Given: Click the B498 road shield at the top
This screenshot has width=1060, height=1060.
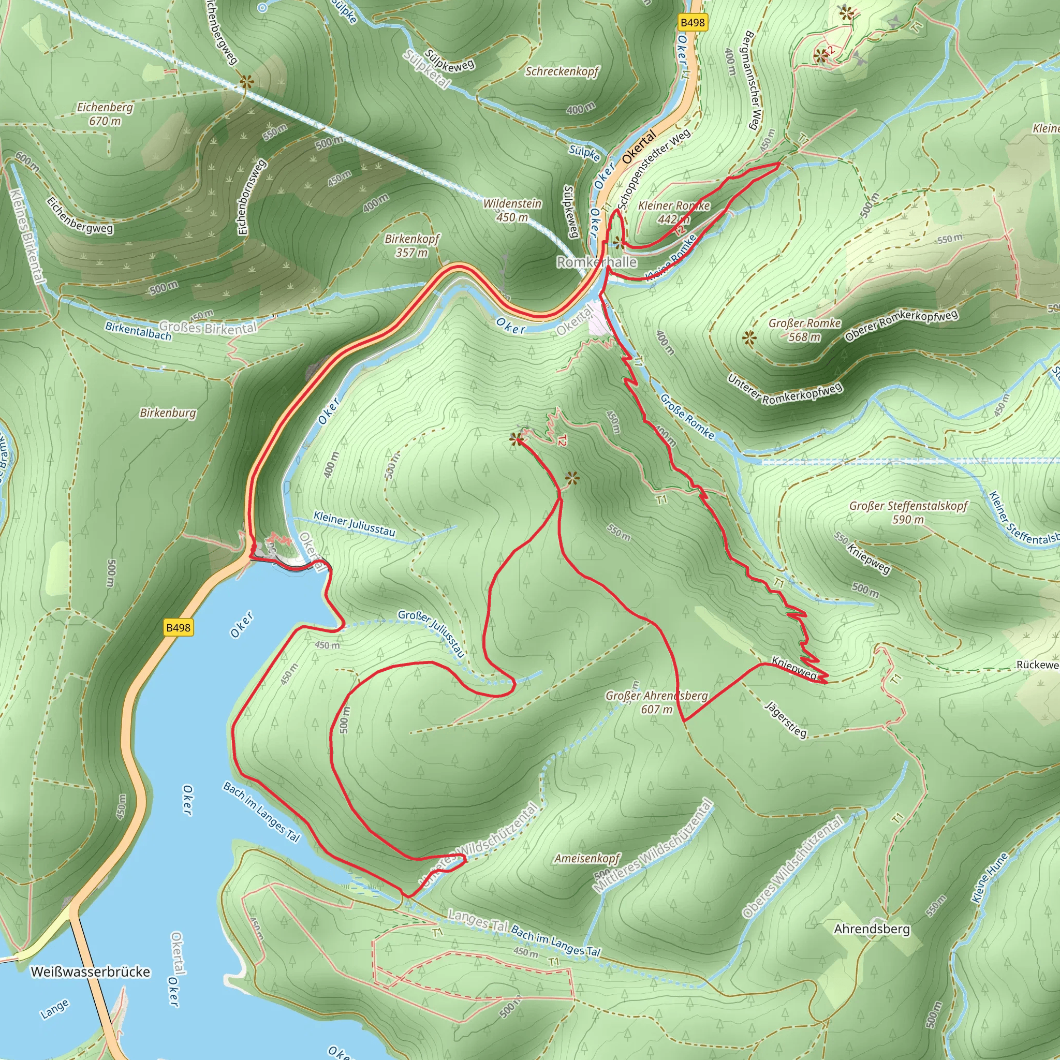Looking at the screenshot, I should click(692, 22).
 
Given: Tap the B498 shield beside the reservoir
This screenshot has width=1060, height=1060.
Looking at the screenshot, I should click(179, 627).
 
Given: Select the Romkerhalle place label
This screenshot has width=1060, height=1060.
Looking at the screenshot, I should click(597, 262).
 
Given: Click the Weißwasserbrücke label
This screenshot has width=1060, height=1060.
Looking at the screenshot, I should click(91, 972).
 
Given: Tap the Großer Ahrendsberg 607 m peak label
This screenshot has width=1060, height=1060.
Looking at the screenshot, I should click(657, 702).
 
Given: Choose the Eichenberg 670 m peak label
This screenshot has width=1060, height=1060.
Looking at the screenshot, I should click(105, 113).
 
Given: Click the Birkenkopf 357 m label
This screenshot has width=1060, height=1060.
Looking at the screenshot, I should click(412, 245).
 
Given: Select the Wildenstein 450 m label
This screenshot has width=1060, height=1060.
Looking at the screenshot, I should click(512, 210).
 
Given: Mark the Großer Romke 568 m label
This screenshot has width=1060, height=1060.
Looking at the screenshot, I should click(804, 330).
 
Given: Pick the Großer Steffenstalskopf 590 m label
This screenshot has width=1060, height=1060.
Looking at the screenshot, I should click(908, 512).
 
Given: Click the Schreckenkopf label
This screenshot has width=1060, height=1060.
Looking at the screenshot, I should click(562, 71).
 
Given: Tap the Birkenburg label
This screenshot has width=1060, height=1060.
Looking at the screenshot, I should click(168, 413).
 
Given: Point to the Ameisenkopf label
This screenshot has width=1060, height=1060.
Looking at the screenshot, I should click(587, 858).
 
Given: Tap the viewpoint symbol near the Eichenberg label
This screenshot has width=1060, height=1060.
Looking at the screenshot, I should click(246, 82).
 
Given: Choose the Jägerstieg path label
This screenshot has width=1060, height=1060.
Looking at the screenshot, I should click(786, 719).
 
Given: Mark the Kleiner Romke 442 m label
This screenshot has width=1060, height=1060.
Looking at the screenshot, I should click(674, 212).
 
